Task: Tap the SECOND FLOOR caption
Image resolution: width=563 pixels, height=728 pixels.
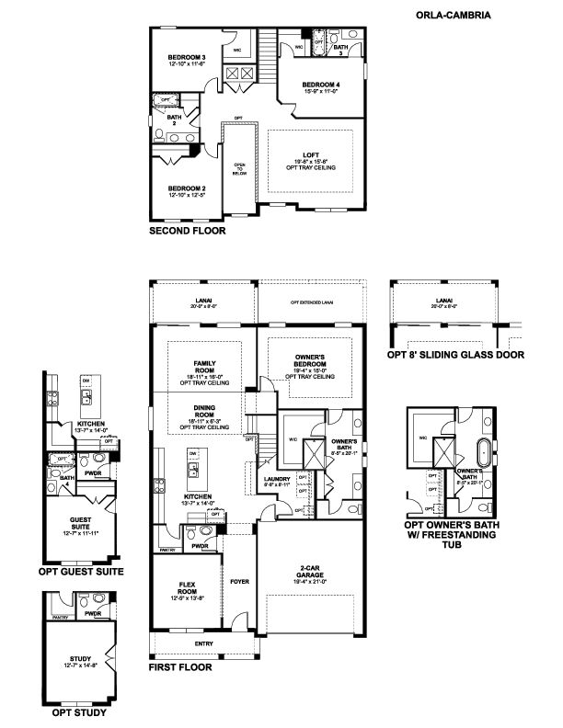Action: (187, 233)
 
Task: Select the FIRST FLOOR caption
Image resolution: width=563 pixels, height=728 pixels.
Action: (180, 669)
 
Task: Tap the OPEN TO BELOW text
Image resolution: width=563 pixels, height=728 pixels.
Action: (238, 168)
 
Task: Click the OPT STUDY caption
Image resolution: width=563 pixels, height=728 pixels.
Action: (78, 712)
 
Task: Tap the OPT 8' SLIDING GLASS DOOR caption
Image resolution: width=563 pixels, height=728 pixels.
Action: (457, 354)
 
